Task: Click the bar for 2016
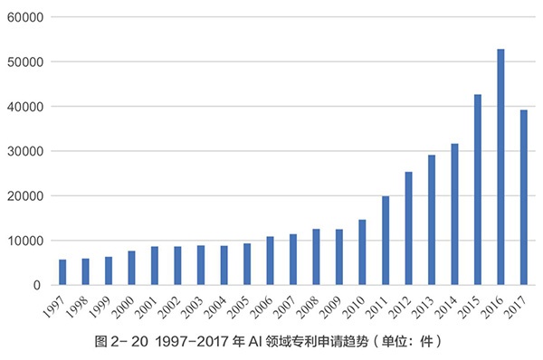[500, 167]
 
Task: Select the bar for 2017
[524, 197]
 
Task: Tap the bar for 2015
[478, 190]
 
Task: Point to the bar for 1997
[62, 272]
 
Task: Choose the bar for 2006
[270, 261]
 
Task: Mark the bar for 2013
[432, 220]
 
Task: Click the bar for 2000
[131, 268]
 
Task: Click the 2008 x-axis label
[310, 305]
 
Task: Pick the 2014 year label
[448, 305]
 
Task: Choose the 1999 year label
[102, 305]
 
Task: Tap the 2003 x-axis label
[195, 305]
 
